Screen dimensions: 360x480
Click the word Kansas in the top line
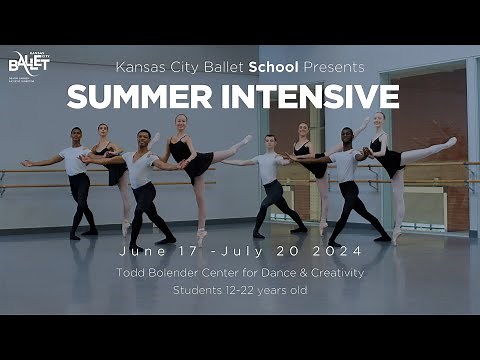coord(139,68)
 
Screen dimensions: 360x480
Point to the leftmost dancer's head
coord(76,134)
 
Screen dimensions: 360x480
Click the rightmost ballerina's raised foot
coord(452,142)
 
